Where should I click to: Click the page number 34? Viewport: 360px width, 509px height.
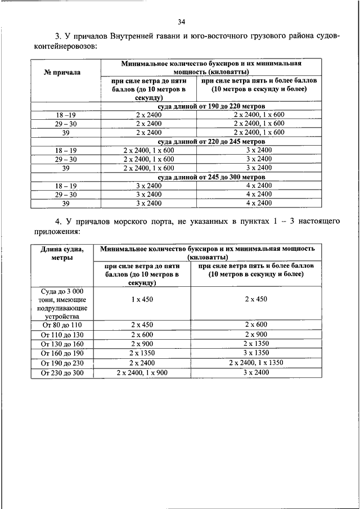click(181, 22)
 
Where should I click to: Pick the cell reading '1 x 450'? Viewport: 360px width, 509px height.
click(142, 300)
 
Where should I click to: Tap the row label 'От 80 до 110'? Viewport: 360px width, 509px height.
click(62, 325)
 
